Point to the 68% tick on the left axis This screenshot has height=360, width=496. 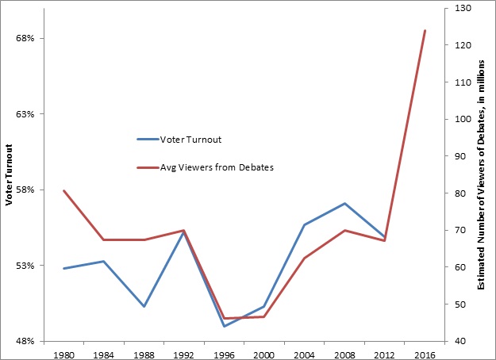(26, 38)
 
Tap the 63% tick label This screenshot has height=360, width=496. (26, 114)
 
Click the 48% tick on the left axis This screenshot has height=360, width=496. (26, 341)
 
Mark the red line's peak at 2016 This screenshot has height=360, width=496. (425, 31)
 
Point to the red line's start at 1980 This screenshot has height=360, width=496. (63, 190)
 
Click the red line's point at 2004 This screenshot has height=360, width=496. (304, 259)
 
